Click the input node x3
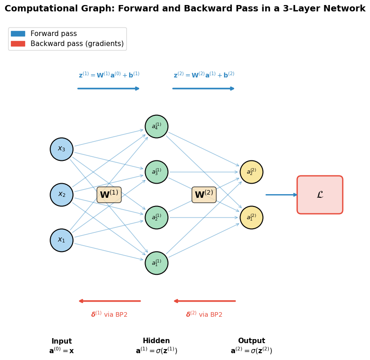tap(62, 149)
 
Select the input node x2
tap(62, 195)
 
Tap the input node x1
tap(62, 240)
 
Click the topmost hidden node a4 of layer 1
tap(156, 126)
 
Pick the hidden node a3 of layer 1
tap(156, 172)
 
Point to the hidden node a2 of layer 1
tap(156, 217)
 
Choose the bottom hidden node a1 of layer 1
tap(156, 263)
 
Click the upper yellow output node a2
tap(251, 172)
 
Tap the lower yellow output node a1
tap(251, 217)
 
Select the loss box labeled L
tap(320, 195)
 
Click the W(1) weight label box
tap(109, 195)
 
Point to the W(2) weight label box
tap(204, 195)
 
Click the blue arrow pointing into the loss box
tap(281, 195)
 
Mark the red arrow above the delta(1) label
tap(110, 301)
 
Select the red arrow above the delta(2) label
tap(204, 301)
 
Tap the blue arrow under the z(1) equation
tap(109, 89)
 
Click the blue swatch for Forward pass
tap(18, 34)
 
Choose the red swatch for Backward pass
tap(18, 44)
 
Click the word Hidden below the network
tap(156, 341)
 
